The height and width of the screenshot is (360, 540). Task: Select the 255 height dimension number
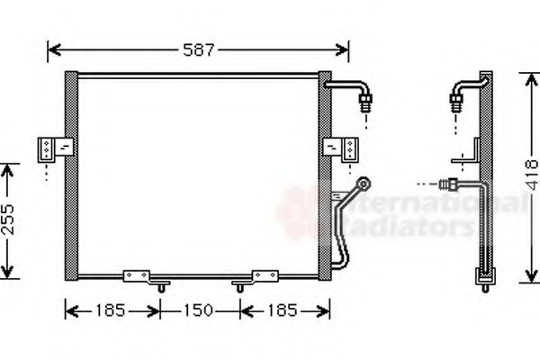point(8,220)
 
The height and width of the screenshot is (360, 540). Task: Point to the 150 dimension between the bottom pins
point(199,311)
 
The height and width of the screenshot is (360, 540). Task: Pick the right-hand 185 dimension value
point(283,311)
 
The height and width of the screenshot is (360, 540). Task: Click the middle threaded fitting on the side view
point(449,184)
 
